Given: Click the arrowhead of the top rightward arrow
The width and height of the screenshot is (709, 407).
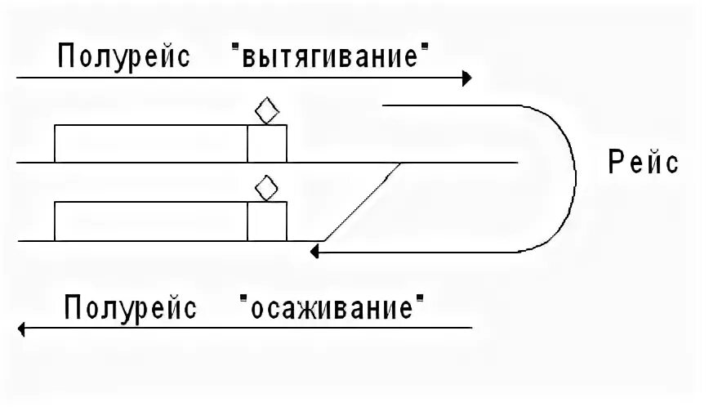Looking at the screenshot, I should pos(466,78).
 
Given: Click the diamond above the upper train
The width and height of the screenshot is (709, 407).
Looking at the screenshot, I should pos(264,111).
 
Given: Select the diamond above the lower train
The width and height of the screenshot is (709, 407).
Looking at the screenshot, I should pos(264,189).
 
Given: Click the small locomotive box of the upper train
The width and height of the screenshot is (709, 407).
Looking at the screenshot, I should pos(267,144).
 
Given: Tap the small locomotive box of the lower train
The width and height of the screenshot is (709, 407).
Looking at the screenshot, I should pos(267,221).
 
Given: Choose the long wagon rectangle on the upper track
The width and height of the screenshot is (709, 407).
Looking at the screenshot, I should pos(151,144).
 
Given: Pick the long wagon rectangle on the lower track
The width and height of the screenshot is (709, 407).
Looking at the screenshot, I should pos(151,221).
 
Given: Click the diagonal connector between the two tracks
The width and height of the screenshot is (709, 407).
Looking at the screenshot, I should pos(361,202).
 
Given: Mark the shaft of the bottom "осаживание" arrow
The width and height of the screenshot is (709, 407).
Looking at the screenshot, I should pos(245,329).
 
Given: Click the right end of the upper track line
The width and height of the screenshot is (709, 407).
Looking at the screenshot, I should pos(515,163).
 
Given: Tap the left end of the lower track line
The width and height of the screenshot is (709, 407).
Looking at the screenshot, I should pos(20,241).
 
